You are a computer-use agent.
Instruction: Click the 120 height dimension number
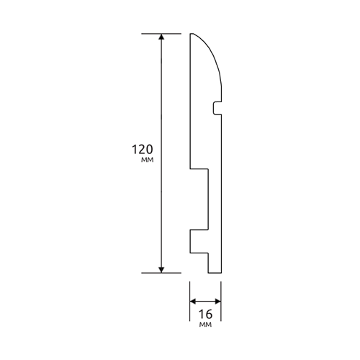tap(143, 149)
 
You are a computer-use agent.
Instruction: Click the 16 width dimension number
tap(206, 314)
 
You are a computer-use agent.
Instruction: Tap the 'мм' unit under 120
tap(147, 160)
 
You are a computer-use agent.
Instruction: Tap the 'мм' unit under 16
tap(205, 325)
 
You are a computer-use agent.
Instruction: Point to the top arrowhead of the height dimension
tap(161, 36)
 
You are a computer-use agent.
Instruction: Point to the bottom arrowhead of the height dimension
tap(161, 270)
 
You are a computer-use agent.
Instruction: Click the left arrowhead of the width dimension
tap(193, 302)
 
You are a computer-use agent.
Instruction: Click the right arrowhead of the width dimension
tap(218, 302)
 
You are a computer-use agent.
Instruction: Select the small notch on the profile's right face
tap(217, 108)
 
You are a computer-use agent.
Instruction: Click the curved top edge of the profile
tap(211, 52)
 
